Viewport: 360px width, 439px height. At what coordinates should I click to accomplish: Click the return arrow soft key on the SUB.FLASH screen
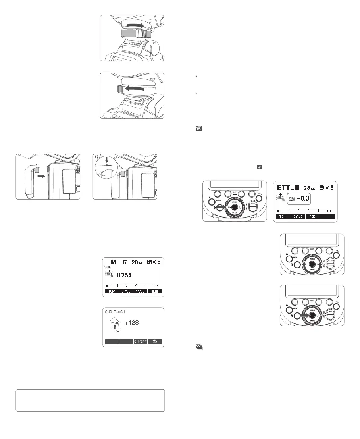(154, 341)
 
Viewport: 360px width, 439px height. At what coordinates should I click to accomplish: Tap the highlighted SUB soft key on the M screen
(154, 291)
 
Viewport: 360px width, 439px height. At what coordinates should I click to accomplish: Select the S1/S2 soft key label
(140, 291)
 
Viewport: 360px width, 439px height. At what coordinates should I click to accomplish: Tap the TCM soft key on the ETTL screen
(283, 217)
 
